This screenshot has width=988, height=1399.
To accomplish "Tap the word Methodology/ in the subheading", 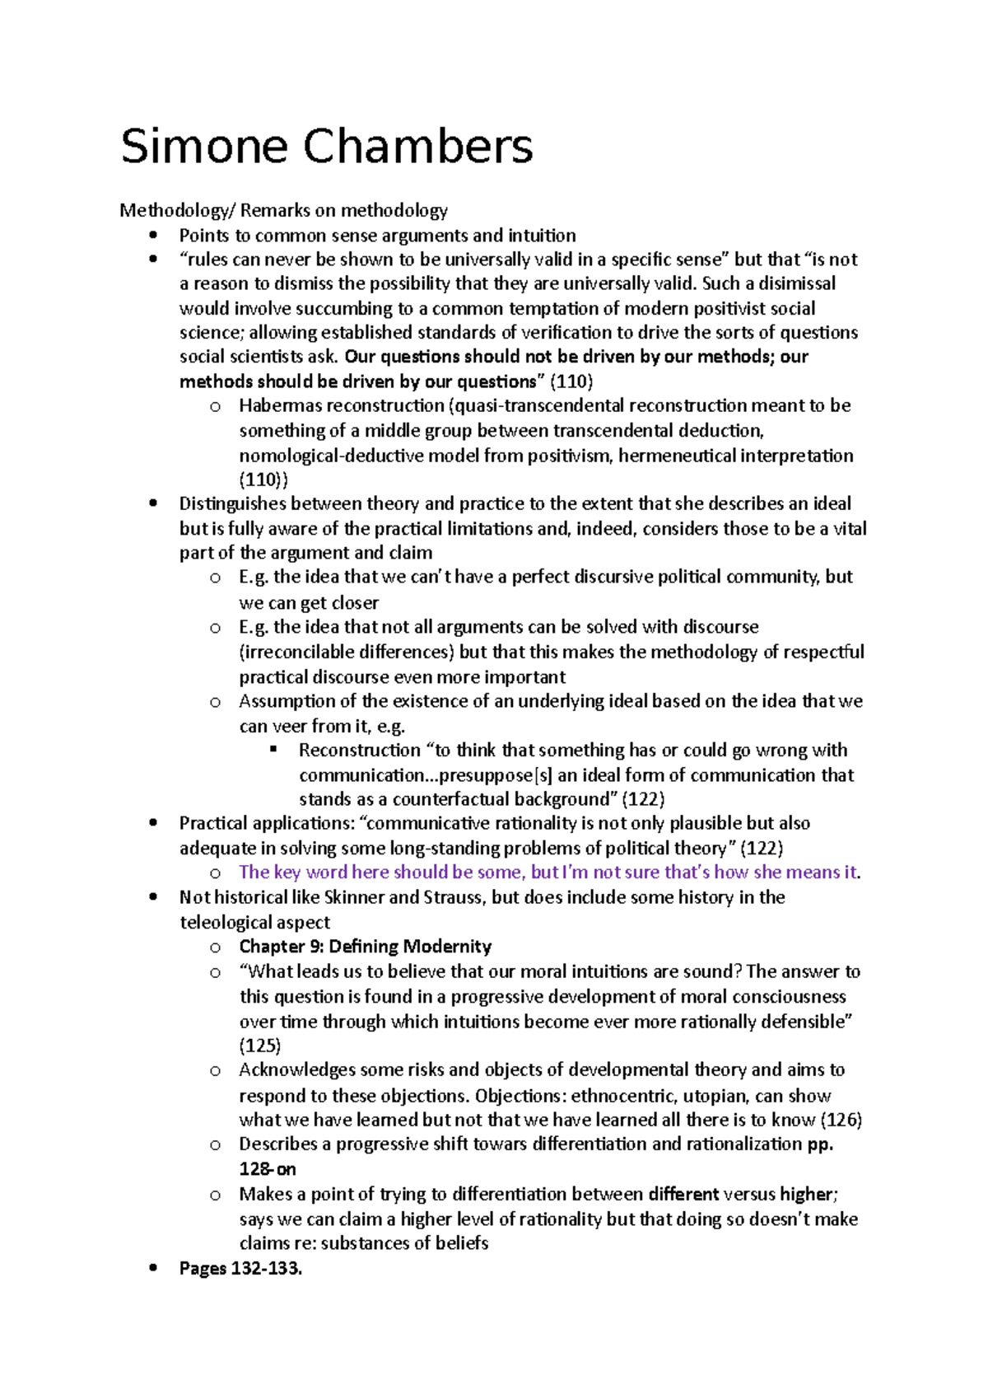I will (x=177, y=210).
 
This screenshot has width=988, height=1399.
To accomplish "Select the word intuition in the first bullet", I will (x=542, y=235).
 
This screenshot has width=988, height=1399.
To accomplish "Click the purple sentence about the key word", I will (x=548, y=872).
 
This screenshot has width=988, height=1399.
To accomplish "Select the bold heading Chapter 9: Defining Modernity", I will (x=365, y=946).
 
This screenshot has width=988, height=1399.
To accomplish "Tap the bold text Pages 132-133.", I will (x=240, y=1268).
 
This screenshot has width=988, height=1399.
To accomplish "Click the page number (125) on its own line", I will (x=259, y=1046).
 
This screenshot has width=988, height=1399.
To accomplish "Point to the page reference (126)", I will (x=841, y=1120).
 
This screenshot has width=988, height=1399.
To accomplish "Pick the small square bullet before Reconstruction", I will (x=274, y=750).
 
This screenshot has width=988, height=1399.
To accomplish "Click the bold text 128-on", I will (x=267, y=1169).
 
